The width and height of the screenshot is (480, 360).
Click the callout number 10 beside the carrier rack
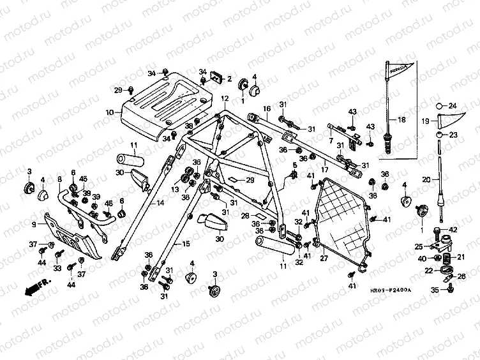(109, 112)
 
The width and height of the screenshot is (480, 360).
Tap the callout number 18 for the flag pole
(401, 119)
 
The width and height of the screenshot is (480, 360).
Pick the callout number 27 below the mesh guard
(323, 259)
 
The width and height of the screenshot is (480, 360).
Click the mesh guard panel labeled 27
(345, 217)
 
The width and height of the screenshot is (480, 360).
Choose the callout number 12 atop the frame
(225, 99)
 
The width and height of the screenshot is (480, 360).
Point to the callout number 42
(454, 229)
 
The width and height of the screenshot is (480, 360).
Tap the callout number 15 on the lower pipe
(186, 243)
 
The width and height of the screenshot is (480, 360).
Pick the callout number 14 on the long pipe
(160, 203)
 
